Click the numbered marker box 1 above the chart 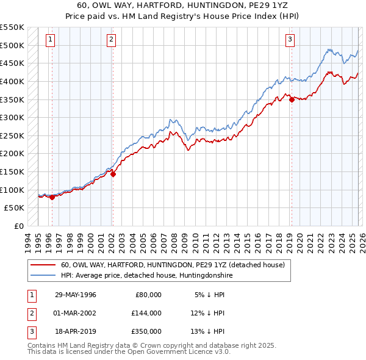tap(49, 40)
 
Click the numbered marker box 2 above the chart tap(112, 40)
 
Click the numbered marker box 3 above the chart tap(290, 40)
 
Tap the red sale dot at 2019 tap(292, 99)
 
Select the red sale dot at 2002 tap(113, 174)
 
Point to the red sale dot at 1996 tap(52, 197)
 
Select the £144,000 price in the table tap(146, 313)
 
